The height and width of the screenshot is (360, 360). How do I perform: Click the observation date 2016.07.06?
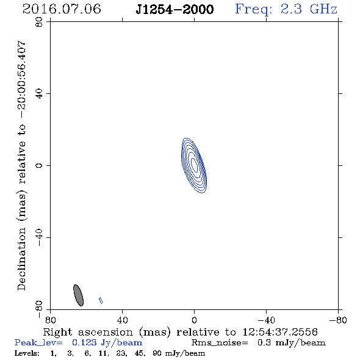62,9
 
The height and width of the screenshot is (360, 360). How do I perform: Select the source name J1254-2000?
175,9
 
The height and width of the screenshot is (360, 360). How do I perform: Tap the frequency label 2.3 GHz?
309,9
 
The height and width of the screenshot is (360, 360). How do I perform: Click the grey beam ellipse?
78,295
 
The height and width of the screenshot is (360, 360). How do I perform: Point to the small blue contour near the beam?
101,300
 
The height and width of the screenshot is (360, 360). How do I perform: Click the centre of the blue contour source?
194,165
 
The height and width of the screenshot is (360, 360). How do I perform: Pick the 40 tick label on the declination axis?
39,94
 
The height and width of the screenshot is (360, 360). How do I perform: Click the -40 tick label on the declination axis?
39,237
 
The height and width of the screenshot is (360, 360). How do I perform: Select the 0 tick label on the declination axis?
39,165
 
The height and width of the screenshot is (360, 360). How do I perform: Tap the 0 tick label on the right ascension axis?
194,320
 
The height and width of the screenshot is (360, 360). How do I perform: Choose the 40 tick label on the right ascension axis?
123,320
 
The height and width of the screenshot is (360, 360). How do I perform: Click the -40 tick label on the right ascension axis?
266,320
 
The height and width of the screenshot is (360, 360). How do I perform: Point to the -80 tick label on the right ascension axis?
338,320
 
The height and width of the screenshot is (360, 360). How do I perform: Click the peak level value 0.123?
84,342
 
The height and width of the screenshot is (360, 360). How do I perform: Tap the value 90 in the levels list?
157,353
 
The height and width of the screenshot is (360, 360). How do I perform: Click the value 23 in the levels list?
121,353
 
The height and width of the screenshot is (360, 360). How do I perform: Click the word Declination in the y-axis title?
21,259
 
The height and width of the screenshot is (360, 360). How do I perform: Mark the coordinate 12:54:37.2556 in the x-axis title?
280,332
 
